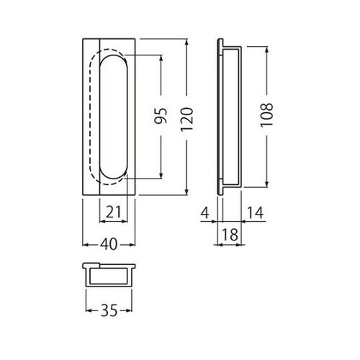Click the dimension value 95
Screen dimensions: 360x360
point(161,116)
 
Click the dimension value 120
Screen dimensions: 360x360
point(187,120)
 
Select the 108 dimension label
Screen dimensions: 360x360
point(266,114)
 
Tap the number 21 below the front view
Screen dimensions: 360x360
point(113,212)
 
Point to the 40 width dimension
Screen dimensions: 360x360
point(109,244)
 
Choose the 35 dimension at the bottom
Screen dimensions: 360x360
point(109,310)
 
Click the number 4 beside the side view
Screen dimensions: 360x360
point(204,212)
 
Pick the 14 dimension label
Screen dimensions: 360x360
point(256,212)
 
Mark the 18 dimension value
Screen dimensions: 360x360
point(230,235)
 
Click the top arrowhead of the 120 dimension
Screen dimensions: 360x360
point(187,42)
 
